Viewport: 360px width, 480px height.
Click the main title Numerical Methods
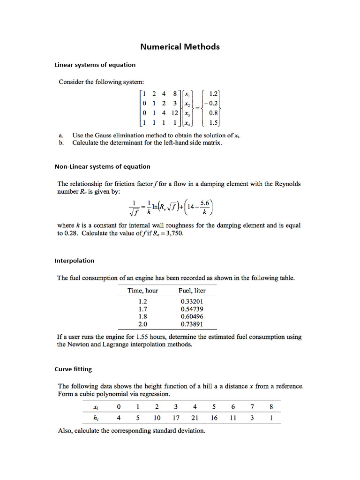tap(180, 47)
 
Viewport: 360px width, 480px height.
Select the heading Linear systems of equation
tap(95, 65)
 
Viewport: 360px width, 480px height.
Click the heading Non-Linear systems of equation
tap(103, 166)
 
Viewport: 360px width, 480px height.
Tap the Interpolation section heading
tap(75, 261)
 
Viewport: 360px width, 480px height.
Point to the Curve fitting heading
tap(73, 369)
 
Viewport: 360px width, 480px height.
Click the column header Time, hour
tap(143, 291)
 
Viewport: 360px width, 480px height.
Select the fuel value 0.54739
tap(192, 309)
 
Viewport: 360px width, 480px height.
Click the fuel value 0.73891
tap(192, 324)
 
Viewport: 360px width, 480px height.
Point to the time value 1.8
tap(143, 317)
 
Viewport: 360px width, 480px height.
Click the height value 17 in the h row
tap(176, 417)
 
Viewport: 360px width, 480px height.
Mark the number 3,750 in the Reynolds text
tap(172, 233)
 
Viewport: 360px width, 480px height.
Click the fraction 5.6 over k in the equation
tap(205, 207)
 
